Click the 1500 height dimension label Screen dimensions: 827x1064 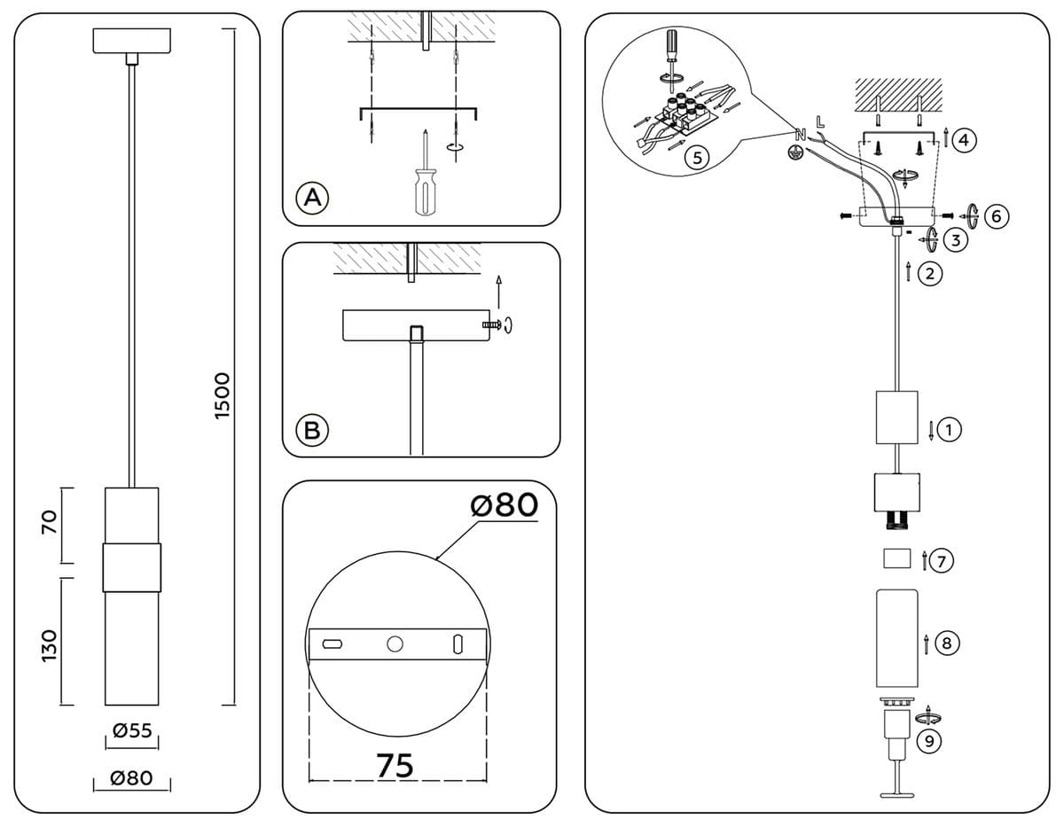(x=223, y=395)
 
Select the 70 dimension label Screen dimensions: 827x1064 (x=50, y=521)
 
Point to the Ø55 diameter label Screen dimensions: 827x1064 (x=132, y=730)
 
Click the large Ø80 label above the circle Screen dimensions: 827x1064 (x=504, y=505)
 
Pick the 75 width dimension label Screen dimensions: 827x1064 (x=395, y=765)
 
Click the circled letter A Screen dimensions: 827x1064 (x=311, y=197)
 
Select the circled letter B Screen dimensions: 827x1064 (x=311, y=430)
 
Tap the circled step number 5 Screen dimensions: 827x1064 (x=698, y=158)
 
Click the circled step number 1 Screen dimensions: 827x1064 (x=949, y=430)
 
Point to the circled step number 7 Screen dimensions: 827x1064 (x=943, y=559)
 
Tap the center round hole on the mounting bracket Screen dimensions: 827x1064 (x=395, y=644)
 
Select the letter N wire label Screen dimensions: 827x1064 (x=801, y=135)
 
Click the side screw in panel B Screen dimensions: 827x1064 (x=492, y=326)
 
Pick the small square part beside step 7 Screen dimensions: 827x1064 (x=897, y=558)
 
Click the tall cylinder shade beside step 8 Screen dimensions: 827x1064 (x=897, y=636)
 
